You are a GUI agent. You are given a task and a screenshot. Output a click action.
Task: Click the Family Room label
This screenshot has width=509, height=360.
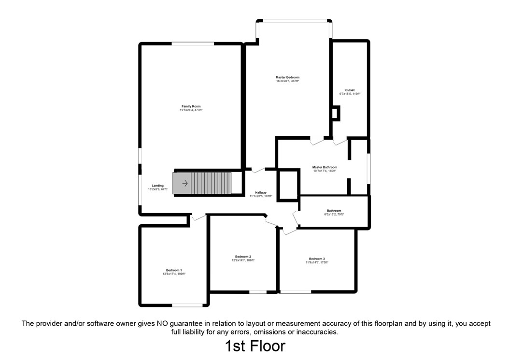click(x=191, y=106)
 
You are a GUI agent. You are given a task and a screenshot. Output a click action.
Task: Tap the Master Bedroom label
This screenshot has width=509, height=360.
click(x=287, y=77)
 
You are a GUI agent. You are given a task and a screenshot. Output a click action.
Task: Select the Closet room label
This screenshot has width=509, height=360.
click(x=350, y=90)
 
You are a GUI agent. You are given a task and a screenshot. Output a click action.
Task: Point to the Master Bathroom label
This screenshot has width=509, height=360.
click(x=325, y=167)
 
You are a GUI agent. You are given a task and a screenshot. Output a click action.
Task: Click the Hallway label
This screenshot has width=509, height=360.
click(x=261, y=193)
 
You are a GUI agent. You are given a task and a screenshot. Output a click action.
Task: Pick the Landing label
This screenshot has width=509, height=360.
click(x=157, y=186)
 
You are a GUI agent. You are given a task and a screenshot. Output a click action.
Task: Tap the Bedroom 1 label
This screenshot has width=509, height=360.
click(x=174, y=270)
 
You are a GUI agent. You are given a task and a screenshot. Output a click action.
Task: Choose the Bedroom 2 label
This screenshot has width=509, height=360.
click(x=243, y=257)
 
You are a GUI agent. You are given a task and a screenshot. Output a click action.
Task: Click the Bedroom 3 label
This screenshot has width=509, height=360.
click(x=317, y=259)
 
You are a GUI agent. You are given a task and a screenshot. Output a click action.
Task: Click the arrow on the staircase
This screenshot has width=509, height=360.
click(x=184, y=183)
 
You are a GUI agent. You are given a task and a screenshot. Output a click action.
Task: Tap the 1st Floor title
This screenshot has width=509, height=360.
click(x=254, y=346)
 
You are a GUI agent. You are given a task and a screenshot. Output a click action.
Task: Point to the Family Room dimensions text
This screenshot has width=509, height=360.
click(x=191, y=110)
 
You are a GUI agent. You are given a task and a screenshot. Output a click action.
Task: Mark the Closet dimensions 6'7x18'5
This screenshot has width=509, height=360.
click(x=350, y=94)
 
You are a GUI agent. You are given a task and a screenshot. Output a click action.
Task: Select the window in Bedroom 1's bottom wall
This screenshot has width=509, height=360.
click(x=188, y=305)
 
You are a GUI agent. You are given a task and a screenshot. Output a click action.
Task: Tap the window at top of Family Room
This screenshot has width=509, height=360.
click(x=193, y=44)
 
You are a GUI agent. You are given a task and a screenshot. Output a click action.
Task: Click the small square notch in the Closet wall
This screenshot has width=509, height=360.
click(x=336, y=113)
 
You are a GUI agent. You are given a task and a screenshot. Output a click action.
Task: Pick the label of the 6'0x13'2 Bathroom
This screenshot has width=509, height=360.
click(x=334, y=211)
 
